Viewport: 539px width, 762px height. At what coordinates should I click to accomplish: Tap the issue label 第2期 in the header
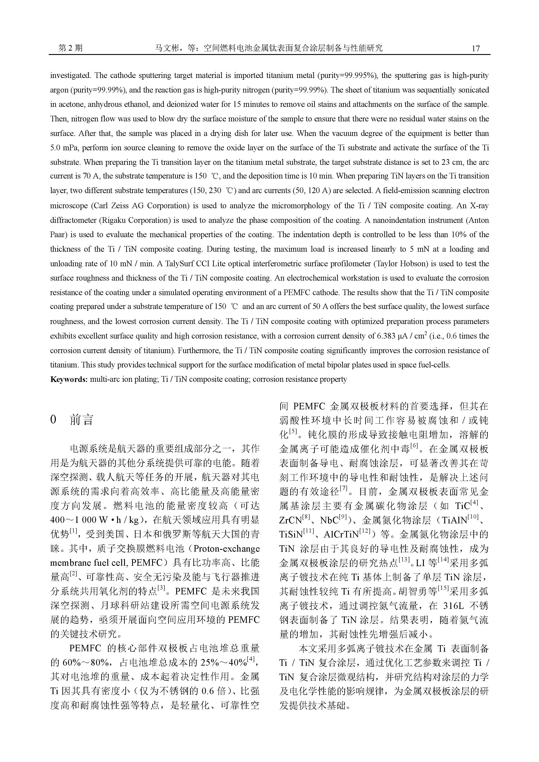tap(70, 48)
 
